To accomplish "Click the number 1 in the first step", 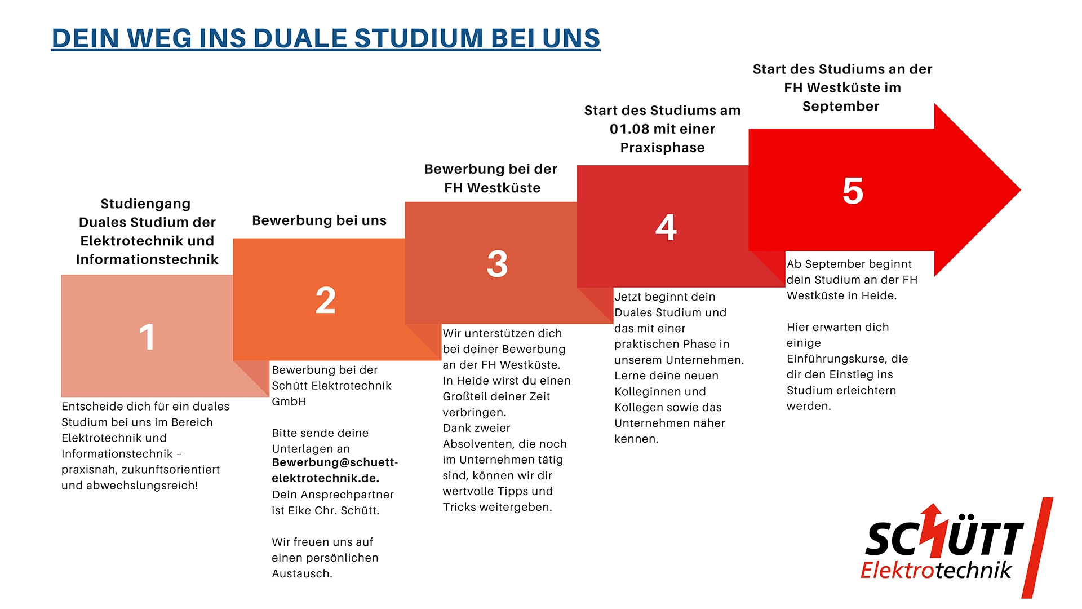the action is click(147, 337).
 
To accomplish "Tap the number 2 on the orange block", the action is click(326, 300).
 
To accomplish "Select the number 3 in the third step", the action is click(497, 263).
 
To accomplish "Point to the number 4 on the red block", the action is click(666, 227).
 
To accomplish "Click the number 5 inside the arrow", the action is click(853, 191).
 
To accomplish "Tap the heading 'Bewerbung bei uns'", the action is click(320, 220).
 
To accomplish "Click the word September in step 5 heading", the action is click(841, 107).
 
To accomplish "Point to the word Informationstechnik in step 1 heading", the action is click(147, 259).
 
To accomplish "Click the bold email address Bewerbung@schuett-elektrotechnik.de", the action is click(335, 470).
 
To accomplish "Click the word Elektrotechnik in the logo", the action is click(936, 570).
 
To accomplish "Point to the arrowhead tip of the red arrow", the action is click(1021, 190).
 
